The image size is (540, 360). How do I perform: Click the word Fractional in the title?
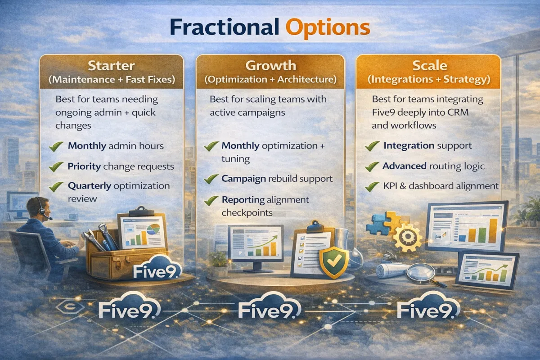pyautogui.click(x=224, y=27)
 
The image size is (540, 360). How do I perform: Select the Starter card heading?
pyautogui.click(x=111, y=66)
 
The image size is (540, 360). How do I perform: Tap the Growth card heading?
pyautogui.click(x=271, y=66)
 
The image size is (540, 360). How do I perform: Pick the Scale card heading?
pyautogui.click(x=430, y=65)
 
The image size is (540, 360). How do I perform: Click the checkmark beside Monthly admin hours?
pyautogui.click(x=56, y=146)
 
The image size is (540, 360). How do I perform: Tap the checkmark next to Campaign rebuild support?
pyautogui.click(x=211, y=179)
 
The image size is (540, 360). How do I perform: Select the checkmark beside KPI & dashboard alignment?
pyautogui.click(x=372, y=186)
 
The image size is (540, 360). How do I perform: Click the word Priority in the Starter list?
pyautogui.click(x=84, y=166)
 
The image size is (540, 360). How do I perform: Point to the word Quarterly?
pyautogui.click(x=90, y=186)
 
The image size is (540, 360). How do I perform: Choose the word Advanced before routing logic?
pyautogui.click(x=404, y=166)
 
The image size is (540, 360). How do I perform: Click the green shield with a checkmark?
pyautogui.click(x=334, y=262)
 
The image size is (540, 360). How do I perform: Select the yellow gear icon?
pyautogui.click(x=407, y=237)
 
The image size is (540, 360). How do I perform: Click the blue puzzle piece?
pyautogui.click(x=378, y=224)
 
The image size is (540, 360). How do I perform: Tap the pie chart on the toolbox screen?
pyautogui.click(x=153, y=229)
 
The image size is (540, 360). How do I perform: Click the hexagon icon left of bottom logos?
pyautogui.click(x=70, y=307)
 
